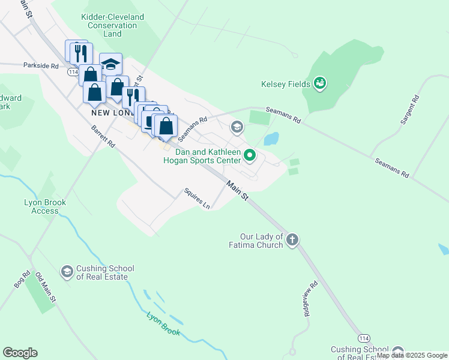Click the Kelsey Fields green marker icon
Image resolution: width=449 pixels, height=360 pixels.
pyautogui.click(x=320, y=83)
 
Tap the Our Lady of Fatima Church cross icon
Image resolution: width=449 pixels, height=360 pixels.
pyautogui.click(x=292, y=240)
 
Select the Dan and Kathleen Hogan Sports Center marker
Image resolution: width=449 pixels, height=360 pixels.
pyautogui.click(x=250, y=157)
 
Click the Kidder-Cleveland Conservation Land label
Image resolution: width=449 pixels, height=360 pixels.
pyautogui.click(x=112, y=26)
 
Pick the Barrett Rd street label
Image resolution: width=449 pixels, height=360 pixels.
pyautogui.click(x=103, y=137)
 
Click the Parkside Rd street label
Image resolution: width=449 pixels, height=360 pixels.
pyautogui.click(x=41, y=65)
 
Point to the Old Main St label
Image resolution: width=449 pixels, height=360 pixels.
pyautogui.click(x=46, y=287)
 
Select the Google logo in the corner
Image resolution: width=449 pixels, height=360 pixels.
pyautogui.click(x=20, y=353)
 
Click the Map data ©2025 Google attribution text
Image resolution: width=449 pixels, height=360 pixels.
pyautogui.click(x=412, y=355)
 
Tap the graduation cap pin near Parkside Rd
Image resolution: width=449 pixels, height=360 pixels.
pyautogui.click(x=110, y=64)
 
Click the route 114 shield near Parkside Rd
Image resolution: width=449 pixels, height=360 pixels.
pyautogui.click(x=73, y=72)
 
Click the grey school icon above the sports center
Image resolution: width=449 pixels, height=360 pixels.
pyautogui.click(x=237, y=127)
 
